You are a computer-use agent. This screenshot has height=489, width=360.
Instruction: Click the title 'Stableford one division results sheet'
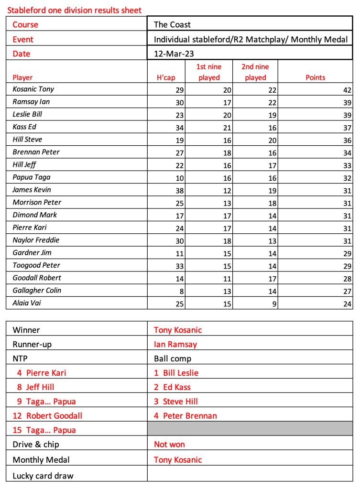click(74, 10)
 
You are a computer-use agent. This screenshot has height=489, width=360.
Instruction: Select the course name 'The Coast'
click(172, 24)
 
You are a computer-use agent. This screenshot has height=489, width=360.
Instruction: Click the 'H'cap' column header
click(166, 77)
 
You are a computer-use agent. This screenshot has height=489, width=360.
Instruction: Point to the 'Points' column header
click(315, 77)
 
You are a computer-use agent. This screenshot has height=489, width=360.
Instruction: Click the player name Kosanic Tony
click(33, 89)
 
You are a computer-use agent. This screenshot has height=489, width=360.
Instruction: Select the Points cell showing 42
click(347, 90)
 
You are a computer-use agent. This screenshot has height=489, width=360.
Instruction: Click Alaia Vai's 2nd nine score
click(274, 304)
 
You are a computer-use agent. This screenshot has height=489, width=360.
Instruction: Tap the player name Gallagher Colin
click(37, 290)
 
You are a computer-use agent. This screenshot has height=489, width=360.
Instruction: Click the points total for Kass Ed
click(347, 128)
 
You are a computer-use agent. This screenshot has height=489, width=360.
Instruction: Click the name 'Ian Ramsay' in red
click(175, 344)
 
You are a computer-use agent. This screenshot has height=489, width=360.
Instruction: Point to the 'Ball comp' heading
click(172, 359)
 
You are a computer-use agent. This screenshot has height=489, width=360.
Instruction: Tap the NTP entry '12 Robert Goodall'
click(47, 416)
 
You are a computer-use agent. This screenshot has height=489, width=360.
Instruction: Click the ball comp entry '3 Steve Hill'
click(175, 402)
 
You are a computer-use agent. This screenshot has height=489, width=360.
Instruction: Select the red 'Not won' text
click(169, 445)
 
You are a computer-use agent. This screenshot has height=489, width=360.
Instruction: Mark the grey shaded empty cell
click(250, 430)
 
